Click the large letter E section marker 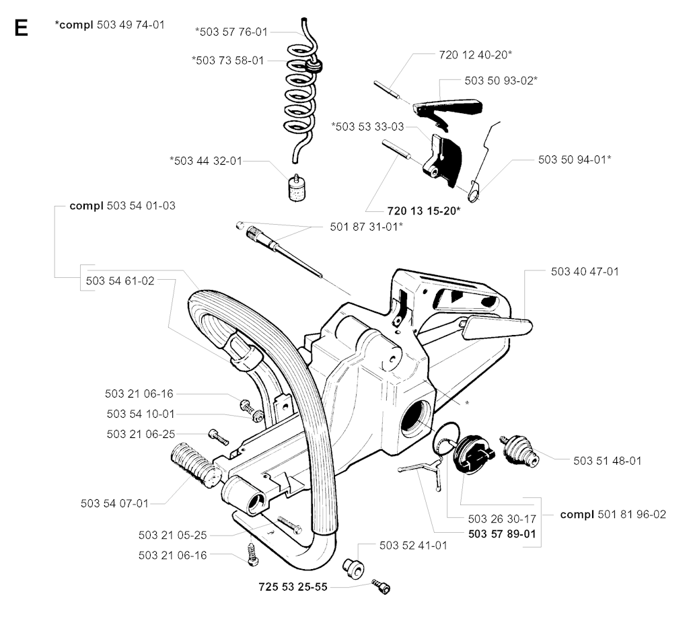[20, 28]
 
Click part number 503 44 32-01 [206, 161]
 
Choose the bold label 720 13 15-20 [424, 211]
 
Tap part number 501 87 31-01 [367, 226]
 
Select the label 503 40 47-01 [585, 272]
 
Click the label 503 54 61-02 [120, 281]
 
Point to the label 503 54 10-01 [140, 414]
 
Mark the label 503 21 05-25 [173, 535]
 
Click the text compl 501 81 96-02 [613, 514]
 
